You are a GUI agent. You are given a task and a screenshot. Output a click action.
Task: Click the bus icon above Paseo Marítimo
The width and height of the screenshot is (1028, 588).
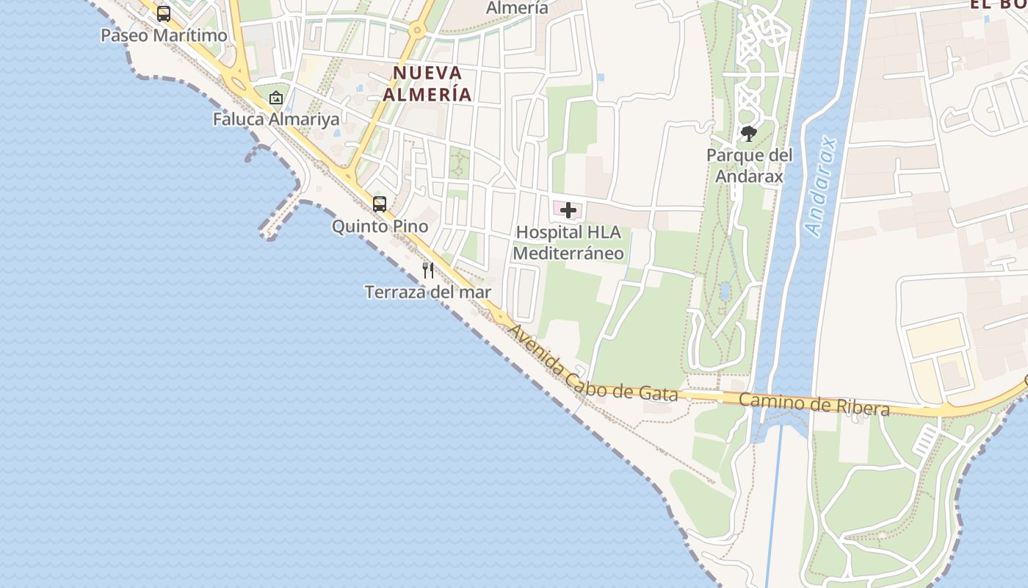(164, 13)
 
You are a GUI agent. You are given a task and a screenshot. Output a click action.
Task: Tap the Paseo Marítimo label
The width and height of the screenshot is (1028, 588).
(164, 35)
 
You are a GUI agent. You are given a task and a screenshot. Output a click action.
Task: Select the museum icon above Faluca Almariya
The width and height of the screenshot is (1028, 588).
(275, 97)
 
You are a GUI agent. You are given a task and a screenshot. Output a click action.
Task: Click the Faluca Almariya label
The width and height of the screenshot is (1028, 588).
(276, 119)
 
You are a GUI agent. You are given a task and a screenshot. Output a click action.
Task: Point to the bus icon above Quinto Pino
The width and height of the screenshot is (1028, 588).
(380, 204)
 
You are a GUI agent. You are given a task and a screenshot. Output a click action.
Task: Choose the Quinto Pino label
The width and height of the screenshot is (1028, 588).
(380, 226)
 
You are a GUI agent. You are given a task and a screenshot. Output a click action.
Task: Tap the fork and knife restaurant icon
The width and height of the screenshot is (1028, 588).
(428, 270)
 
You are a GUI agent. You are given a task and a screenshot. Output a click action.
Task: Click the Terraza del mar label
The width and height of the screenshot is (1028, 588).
(428, 293)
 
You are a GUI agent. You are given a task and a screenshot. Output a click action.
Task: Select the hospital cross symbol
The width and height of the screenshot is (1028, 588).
(568, 211)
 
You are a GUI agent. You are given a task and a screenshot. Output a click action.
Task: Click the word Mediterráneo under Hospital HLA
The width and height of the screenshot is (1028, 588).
(568, 254)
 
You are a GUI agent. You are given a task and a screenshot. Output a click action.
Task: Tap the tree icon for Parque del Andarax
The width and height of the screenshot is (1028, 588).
(748, 134)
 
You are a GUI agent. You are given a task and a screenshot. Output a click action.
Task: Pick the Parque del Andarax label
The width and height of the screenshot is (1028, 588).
(749, 166)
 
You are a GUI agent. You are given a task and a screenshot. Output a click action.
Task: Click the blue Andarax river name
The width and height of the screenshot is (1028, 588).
(822, 186)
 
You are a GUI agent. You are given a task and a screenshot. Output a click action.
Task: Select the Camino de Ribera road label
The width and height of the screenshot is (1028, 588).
(814, 404)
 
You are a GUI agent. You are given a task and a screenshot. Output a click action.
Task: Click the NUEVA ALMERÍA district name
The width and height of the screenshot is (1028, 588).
(427, 84)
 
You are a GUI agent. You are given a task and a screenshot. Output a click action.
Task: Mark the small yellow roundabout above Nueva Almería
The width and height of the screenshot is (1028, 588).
(417, 31)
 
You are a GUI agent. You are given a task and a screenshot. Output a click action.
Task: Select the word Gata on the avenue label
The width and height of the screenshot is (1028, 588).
(658, 393)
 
